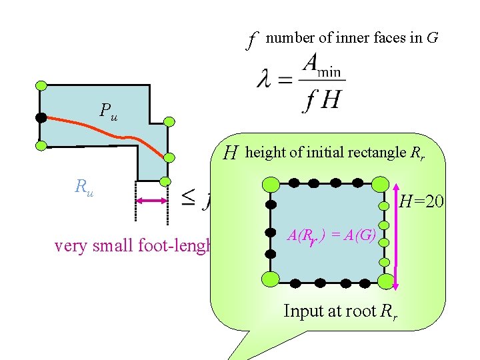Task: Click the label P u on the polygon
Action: click(108, 111)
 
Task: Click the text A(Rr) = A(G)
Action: click(332, 235)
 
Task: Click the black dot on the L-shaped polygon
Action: click(41, 117)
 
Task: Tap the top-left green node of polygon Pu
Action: click(41, 85)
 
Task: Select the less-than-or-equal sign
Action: click(189, 197)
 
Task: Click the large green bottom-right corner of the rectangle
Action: click(384, 280)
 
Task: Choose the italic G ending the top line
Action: click(433, 38)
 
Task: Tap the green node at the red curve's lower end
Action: click(169, 158)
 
